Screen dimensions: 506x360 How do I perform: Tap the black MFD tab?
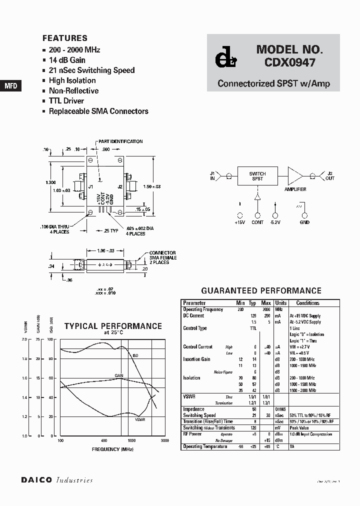click(x=11, y=85)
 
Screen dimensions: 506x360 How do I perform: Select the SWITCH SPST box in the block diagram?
click(x=257, y=176)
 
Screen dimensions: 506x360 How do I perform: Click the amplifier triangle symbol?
click(x=294, y=176)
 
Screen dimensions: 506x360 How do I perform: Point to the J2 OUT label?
click(x=329, y=176)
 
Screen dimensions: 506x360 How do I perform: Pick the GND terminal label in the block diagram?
click(x=304, y=222)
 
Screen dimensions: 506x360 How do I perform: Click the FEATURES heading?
click(x=65, y=38)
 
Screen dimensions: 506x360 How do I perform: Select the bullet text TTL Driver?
click(x=66, y=101)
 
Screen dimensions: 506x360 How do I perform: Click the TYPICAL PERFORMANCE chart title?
click(x=113, y=326)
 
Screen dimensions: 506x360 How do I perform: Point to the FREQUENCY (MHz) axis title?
click(x=112, y=449)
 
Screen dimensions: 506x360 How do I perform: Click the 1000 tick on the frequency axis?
click(x=131, y=440)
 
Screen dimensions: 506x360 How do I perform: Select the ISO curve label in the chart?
click(x=135, y=355)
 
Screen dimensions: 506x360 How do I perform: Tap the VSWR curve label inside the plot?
click(x=140, y=419)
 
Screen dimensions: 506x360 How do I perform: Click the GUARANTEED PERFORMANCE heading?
click(x=261, y=290)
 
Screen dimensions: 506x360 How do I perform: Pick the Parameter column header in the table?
click(x=194, y=303)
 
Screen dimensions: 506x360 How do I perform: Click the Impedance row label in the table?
click(x=193, y=409)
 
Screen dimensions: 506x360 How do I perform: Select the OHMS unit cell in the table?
click(x=281, y=409)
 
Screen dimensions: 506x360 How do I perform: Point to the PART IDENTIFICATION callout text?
click(x=120, y=141)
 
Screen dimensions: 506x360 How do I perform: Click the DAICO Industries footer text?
click(x=57, y=480)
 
